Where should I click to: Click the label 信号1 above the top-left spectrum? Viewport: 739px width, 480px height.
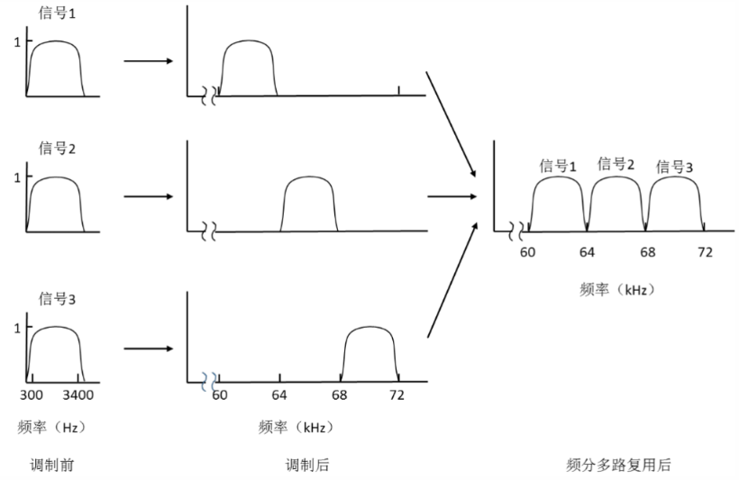(x=57, y=13)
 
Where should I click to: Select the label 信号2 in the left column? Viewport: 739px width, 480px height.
(x=57, y=149)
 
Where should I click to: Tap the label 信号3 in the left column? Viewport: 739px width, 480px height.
(x=57, y=299)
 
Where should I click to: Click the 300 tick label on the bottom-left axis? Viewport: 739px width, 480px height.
(x=32, y=394)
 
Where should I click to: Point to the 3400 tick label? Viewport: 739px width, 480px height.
(x=78, y=394)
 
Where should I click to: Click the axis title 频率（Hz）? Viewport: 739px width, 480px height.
(x=52, y=427)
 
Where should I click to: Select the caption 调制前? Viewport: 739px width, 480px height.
(x=52, y=466)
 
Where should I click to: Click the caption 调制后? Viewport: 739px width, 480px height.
(x=307, y=466)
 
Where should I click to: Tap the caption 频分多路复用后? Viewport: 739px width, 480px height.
(x=618, y=465)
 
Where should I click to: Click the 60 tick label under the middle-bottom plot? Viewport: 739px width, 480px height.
(x=220, y=394)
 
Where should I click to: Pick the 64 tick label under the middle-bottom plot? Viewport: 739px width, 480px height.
(x=279, y=394)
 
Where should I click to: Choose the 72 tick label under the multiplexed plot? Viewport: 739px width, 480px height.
(x=705, y=252)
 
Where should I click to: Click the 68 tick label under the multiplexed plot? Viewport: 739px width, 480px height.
(x=648, y=252)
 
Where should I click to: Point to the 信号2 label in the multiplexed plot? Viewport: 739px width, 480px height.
(x=616, y=164)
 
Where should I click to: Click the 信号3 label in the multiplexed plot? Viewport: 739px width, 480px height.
(x=674, y=167)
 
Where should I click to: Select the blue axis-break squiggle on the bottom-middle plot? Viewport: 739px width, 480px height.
(x=209, y=382)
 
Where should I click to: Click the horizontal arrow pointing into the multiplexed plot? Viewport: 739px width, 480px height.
(x=452, y=196)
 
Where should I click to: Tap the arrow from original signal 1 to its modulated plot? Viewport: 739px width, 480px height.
(x=149, y=60)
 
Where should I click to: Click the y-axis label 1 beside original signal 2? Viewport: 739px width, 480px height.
(x=17, y=177)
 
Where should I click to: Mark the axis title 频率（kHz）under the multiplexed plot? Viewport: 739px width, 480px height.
(x=617, y=289)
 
